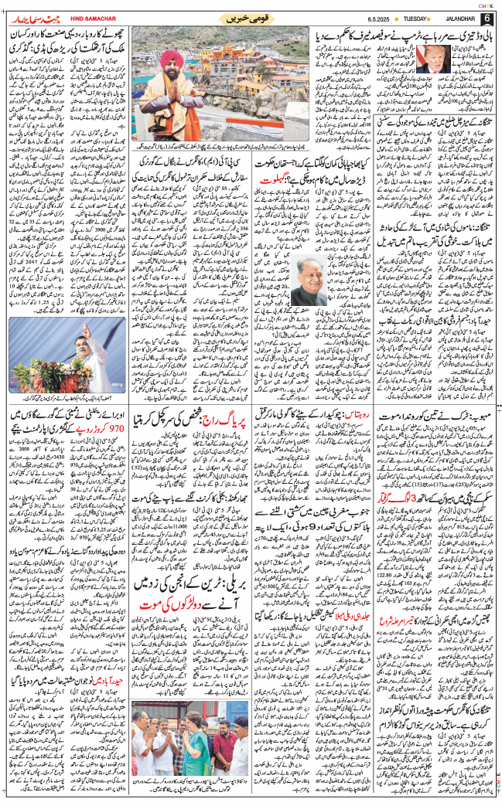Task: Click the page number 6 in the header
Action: click(x=487, y=19)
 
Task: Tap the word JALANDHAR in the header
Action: click(x=454, y=19)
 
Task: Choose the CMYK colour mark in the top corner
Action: click(x=489, y=5)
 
